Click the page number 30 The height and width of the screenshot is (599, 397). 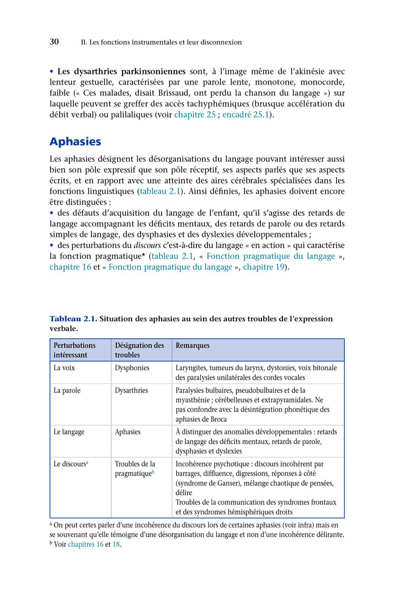click(54, 42)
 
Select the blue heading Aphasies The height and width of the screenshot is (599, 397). click(75, 141)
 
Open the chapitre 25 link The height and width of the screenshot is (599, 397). click(195, 115)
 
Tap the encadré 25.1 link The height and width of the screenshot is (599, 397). click(247, 115)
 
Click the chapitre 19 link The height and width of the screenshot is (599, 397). click(263, 267)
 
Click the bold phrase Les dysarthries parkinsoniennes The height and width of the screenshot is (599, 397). click(121, 72)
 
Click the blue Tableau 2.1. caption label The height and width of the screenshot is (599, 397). click(73, 319)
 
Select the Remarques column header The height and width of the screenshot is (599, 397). click(192, 345)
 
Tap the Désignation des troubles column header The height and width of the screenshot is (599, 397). click(140, 350)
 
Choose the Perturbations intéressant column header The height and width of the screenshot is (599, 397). click(74, 350)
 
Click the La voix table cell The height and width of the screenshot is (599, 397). click(64, 368)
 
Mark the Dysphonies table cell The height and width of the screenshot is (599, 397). click(132, 368)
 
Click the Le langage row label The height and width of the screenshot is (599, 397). click(69, 432)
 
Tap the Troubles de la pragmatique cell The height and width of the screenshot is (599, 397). click(134, 468)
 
